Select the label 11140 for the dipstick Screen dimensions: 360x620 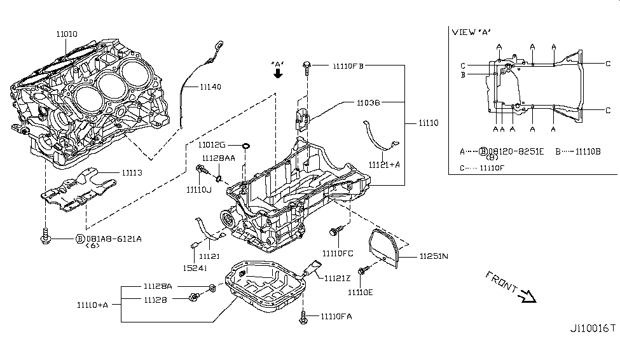(x=210, y=87)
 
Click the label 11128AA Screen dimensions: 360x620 (x=219, y=157)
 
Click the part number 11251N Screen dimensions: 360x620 (x=434, y=256)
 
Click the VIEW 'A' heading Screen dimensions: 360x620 (x=471, y=32)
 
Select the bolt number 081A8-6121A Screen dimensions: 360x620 (x=113, y=239)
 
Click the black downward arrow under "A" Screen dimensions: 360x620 (x=277, y=74)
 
